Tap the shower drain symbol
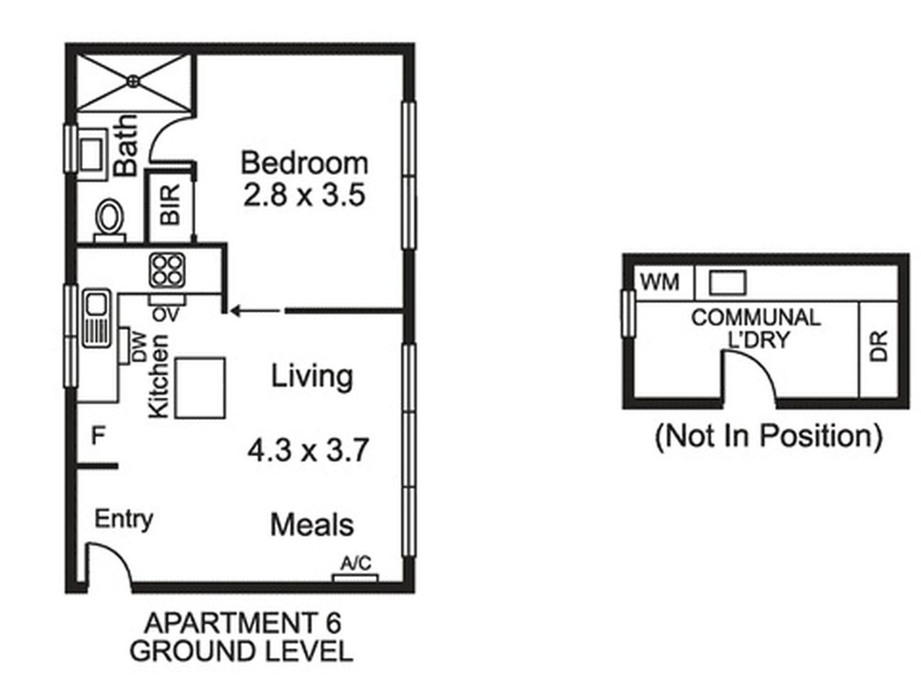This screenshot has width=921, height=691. (x=133, y=81)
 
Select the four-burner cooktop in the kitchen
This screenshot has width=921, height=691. (x=167, y=270)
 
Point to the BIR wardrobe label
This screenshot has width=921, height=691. (x=170, y=204)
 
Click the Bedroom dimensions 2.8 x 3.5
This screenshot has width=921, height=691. (x=304, y=195)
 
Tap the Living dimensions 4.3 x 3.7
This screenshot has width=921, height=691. (x=308, y=450)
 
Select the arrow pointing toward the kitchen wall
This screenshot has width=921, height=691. (x=255, y=311)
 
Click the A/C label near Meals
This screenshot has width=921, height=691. (x=356, y=563)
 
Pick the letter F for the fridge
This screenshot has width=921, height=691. (x=98, y=436)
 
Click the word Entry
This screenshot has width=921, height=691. (x=124, y=520)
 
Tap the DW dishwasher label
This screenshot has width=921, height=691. (x=139, y=347)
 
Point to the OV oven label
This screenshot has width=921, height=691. (x=166, y=314)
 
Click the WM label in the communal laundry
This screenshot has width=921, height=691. (x=660, y=282)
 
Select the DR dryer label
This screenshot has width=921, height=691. (x=878, y=346)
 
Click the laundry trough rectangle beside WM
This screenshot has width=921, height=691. (x=728, y=283)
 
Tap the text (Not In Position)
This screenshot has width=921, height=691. (x=769, y=436)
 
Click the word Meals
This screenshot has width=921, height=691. (x=312, y=525)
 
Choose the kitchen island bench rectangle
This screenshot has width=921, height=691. (x=200, y=388)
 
